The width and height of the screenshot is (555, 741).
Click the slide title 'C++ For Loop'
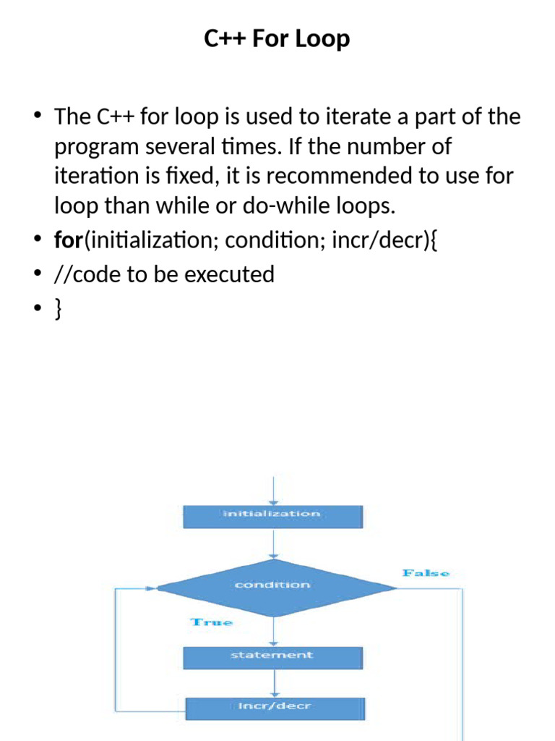[277, 38]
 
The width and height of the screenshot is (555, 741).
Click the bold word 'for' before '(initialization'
[69, 240]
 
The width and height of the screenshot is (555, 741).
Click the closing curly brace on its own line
[58, 309]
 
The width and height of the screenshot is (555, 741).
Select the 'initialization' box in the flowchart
[272, 515]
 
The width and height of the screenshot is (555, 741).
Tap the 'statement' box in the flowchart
[272, 656]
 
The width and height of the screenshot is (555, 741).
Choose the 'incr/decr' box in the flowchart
[275, 706]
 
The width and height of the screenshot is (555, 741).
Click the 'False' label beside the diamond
[426, 573]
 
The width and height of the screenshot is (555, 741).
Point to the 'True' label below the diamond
[211, 622]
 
